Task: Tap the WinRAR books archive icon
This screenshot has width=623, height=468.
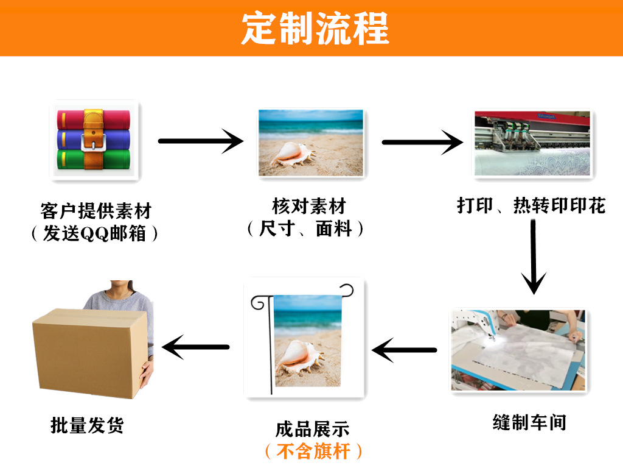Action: [94, 140]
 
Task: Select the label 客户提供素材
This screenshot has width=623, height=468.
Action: [95, 211]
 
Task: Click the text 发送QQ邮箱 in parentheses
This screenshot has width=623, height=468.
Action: [95, 233]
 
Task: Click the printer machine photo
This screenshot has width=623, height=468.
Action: [532, 144]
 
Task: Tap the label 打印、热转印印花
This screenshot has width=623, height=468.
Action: [531, 205]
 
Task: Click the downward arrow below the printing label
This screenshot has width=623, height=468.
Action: [534, 256]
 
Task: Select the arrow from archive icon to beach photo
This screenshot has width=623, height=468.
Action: [200, 141]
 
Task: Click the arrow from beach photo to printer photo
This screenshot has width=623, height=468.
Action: [422, 143]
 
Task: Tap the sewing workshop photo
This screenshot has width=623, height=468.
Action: [518, 350]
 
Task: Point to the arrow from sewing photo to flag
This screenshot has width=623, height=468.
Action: [404, 350]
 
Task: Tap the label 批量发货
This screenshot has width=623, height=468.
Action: [87, 425]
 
